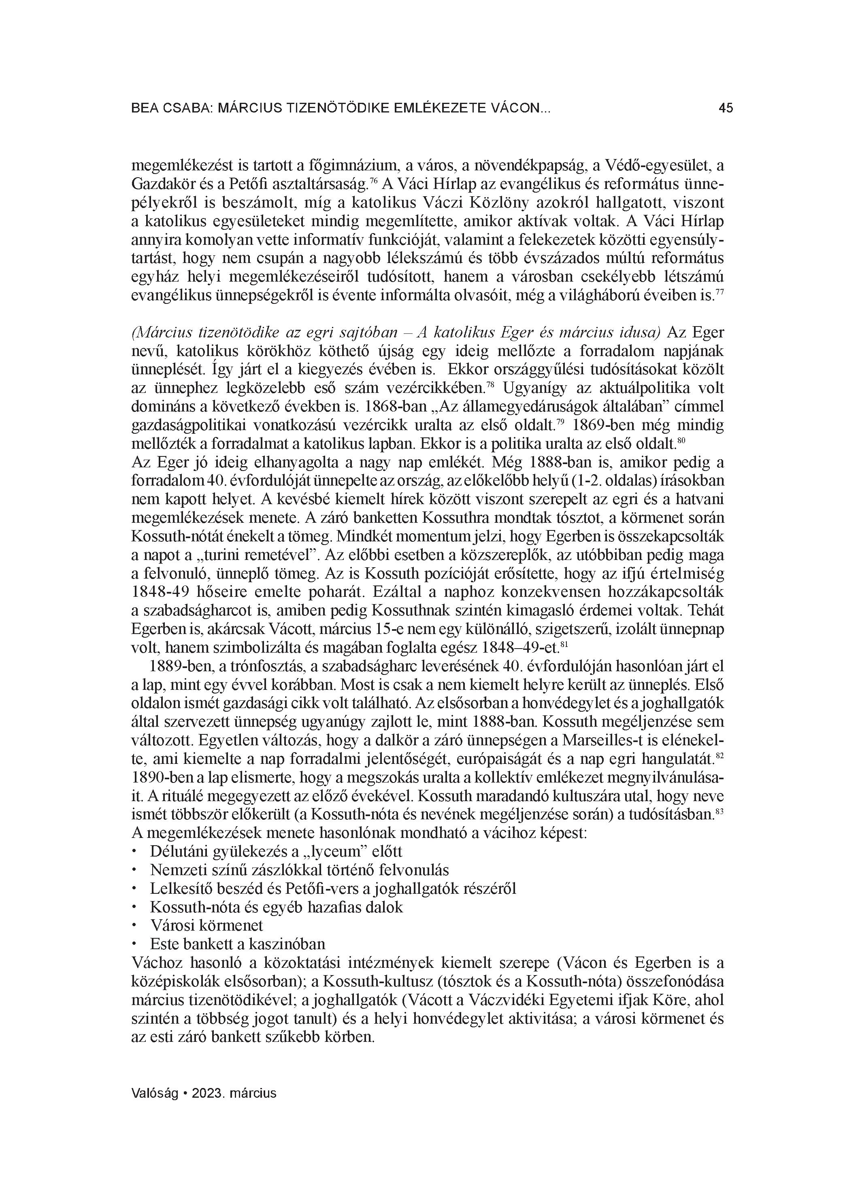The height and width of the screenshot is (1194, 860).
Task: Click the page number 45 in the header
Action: (725, 108)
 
